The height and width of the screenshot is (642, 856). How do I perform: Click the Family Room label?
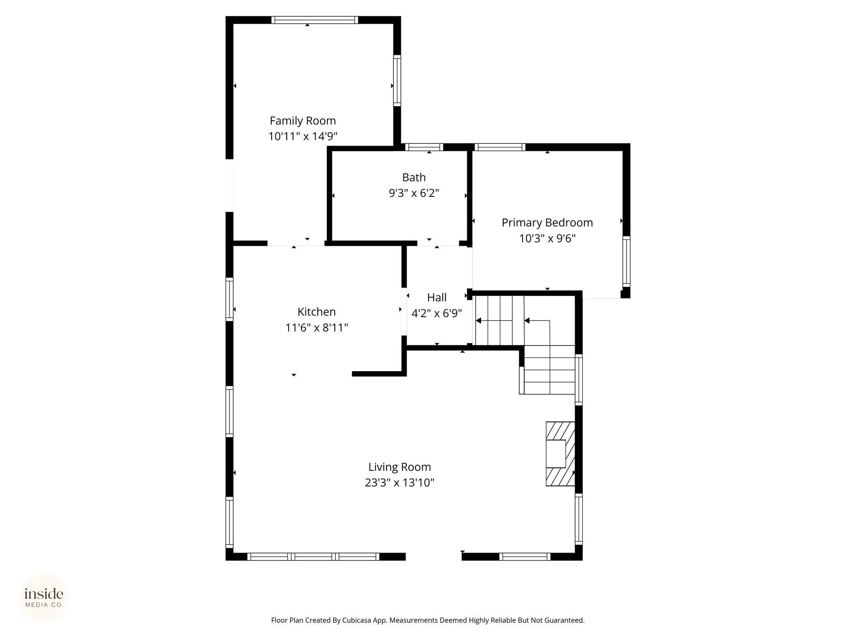(303, 121)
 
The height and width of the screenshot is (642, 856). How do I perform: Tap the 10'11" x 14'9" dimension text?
(303, 136)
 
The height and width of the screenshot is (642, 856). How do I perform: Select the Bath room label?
(414, 178)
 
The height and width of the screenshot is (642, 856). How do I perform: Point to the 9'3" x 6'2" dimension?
(414, 193)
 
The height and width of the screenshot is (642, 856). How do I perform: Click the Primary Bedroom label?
(547, 223)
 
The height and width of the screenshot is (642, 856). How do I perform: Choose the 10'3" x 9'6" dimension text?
(547, 238)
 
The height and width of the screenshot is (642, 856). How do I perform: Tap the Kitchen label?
(316, 312)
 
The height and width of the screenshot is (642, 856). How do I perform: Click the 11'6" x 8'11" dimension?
(316, 328)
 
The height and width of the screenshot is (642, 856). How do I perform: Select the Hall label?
(437, 298)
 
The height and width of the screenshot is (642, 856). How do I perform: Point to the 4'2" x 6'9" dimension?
(437, 313)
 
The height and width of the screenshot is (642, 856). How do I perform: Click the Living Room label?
(400, 467)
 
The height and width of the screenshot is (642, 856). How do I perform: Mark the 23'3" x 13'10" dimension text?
(400, 483)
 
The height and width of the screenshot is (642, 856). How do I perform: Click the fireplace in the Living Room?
(560, 454)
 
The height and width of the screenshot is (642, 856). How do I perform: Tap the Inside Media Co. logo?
(44, 598)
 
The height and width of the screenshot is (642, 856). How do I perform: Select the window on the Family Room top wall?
(315, 20)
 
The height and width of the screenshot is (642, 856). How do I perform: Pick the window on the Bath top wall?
(424, 147)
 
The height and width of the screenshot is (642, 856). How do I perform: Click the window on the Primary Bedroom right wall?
(626, 262)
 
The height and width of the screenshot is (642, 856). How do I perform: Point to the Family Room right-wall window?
(397, 81)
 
